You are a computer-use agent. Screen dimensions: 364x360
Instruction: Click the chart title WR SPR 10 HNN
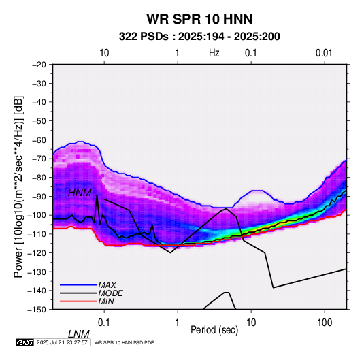click(199, 19)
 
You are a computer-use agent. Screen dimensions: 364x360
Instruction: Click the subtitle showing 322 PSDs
click(199, 37)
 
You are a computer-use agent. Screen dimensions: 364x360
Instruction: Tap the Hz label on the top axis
click(214, 53)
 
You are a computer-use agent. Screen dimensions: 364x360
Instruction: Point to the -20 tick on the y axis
click(39, 65)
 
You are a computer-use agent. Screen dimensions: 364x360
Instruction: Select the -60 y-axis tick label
click(39, 140)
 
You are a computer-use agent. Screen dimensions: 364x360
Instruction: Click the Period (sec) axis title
click(214, 330)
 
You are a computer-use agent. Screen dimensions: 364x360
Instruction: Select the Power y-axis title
click(18, 186)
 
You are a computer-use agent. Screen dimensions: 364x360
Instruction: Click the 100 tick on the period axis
click(325, 323)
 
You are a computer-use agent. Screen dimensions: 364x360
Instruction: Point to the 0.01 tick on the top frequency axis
click(324, 53)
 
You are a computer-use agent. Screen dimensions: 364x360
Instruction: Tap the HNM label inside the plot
click(80, 193)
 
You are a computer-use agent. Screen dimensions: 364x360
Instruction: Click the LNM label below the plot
click(79, 334)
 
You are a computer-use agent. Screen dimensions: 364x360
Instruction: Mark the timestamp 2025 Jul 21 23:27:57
click(62, 342)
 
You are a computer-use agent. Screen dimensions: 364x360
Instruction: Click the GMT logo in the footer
click(25, 342)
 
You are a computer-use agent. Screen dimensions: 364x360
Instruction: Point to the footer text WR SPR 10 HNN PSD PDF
click(125, 342)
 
